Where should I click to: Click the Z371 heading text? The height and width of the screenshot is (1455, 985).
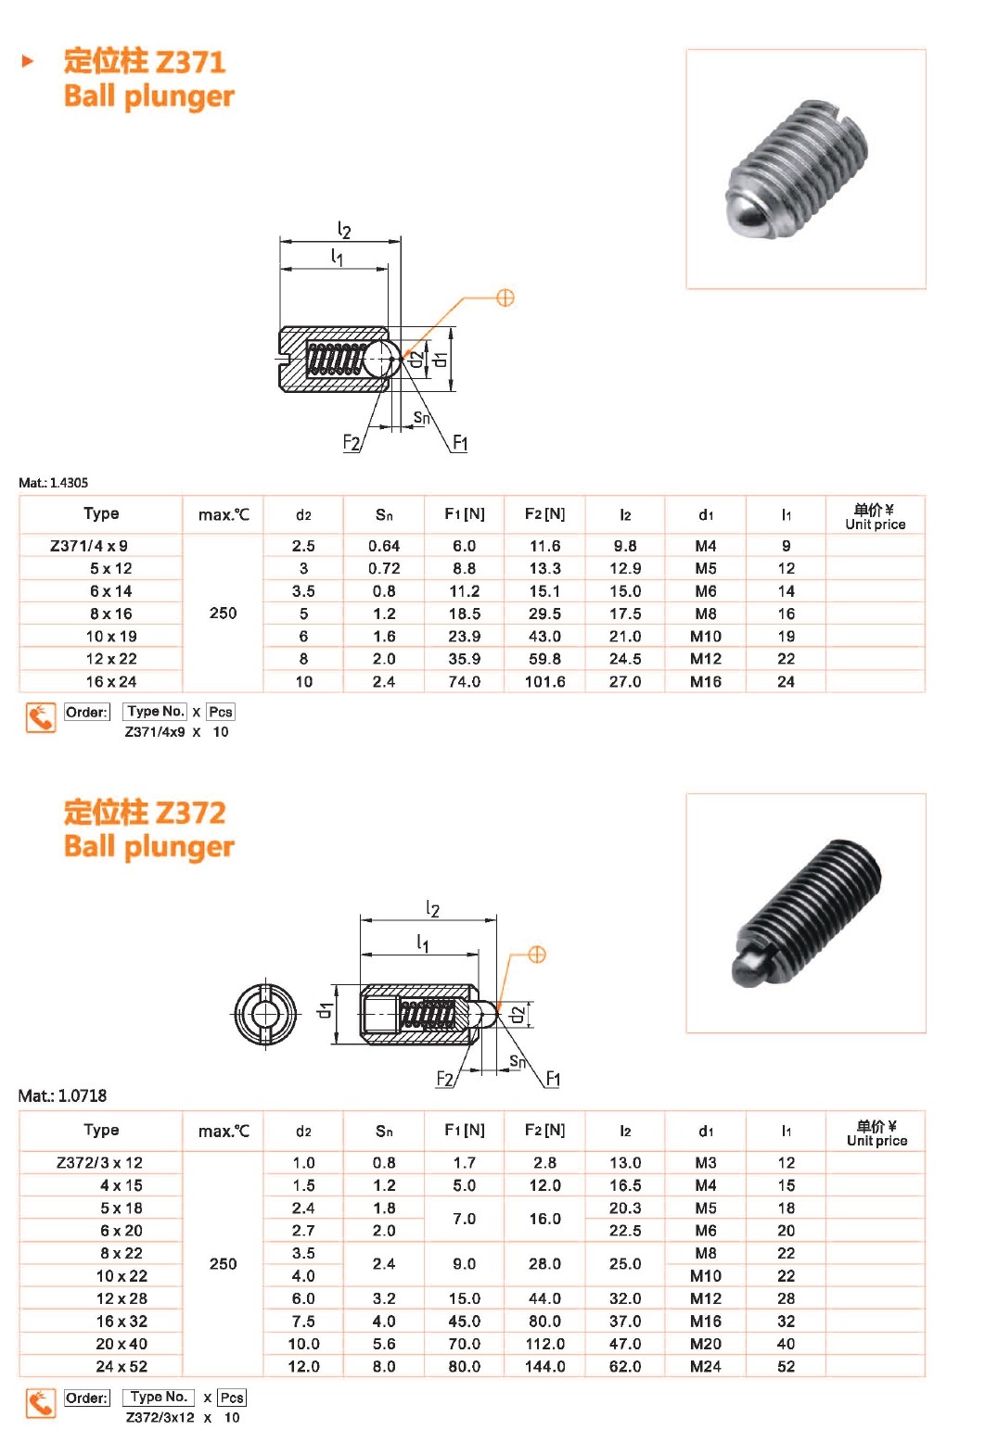click(x=145, y=62)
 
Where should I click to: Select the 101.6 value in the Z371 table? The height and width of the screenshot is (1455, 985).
click(x=544, y=681)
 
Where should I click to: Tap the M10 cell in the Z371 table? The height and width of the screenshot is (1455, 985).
click(x=706, y=636)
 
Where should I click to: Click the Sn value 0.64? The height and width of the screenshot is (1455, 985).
click(x=384, y=546)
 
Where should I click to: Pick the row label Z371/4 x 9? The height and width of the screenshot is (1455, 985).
click(x=89, y=546)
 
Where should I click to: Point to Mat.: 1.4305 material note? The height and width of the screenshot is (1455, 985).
click(x=53, y=483)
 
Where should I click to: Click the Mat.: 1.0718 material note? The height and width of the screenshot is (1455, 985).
click(x=62, y=1095)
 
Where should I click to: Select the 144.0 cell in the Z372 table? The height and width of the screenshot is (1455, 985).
click(x=544, y=1366)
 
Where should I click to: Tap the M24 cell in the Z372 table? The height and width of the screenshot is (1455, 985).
click(x=706, y=1366)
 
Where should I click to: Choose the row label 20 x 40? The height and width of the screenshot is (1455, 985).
click(x=122, y=1343)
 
